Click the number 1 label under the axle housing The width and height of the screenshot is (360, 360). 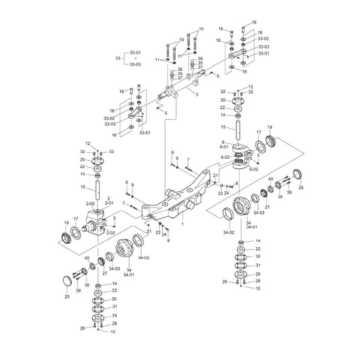182,224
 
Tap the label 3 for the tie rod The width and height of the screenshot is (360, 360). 197,95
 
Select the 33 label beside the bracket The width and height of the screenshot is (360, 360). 118,58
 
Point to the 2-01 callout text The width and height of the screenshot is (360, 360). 109,203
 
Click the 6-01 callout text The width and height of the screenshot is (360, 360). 224,147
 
